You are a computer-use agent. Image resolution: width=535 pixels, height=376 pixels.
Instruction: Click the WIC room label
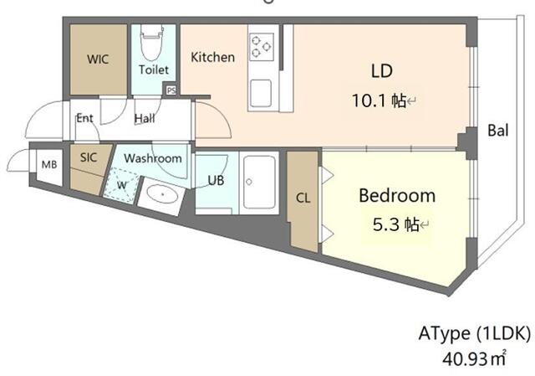coord(99,59)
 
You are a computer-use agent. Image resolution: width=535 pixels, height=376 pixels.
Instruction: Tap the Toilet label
coord(154,70)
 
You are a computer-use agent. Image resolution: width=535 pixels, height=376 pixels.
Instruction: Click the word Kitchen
coord(213,57)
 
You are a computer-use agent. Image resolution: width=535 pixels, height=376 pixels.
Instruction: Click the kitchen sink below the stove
coord(262,91)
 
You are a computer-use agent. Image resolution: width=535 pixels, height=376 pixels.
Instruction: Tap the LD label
coord(381,70)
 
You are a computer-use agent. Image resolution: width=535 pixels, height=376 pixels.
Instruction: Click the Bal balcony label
coord(499,131)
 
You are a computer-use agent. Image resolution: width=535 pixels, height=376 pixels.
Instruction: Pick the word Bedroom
coord(397,196)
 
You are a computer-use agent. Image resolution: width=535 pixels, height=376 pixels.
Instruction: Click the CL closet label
coord(303,198)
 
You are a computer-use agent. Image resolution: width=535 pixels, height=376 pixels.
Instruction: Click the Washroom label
coord(152,158)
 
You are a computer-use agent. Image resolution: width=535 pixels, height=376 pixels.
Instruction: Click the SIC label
coord(89,157)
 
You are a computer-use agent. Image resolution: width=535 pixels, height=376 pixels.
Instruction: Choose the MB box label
coord(49,164)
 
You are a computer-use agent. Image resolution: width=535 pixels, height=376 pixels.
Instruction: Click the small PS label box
coord(171,90)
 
